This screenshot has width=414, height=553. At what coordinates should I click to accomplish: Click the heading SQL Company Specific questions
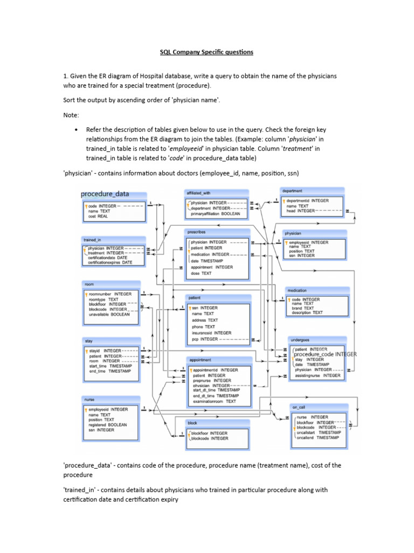pos(206,52)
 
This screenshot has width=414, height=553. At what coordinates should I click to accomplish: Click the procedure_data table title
pos(105,194)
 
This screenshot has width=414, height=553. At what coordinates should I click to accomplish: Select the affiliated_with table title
pos(198,192)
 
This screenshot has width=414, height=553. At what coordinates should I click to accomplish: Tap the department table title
pos(291,191)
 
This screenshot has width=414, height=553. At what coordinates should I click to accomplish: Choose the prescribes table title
pos(197,232)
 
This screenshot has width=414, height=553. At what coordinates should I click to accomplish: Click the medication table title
pos(297,290)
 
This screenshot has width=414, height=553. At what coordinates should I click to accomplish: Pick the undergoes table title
pos(300,340)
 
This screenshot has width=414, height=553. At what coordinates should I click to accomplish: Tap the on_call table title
pos(299,407)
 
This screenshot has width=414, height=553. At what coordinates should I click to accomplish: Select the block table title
pos(192,422)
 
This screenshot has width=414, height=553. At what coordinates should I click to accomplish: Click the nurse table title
pos(89,400)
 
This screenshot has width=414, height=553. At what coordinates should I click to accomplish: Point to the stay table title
pos(88,341)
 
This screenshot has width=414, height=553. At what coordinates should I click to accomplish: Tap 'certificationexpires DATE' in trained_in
pos(110,262)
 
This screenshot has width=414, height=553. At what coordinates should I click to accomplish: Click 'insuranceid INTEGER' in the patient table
pos(211,333)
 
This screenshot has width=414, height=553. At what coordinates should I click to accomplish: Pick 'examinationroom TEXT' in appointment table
pos(214,401)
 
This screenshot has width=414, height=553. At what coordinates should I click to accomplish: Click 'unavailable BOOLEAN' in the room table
pos(109,314)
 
